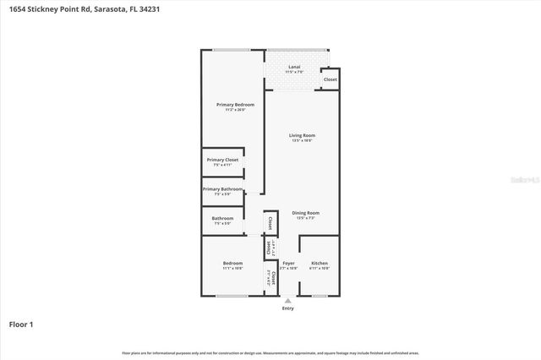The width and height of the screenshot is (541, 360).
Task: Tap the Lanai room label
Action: coord(294,66)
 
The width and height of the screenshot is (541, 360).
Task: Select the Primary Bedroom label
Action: coord(235,104)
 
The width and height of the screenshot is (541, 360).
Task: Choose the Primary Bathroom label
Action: coord(223,188)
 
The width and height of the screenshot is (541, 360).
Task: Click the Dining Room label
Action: coord(305,212)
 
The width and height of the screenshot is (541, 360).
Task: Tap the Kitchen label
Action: coord(320,264)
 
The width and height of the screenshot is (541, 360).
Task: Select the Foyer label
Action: coord(288,264)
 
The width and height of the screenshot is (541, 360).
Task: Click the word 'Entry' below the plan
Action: coord(288,308)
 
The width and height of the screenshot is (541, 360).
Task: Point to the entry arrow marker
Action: coord(288,300)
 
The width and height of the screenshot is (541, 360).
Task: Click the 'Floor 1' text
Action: coord(21,324)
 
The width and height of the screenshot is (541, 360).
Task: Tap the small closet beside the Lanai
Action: coord(330,79)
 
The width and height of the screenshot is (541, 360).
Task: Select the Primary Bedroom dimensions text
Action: coord(235,110)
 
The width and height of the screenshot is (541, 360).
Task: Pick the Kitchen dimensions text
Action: coord(320,269)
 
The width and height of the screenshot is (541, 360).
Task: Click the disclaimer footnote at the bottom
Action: coord(270,352)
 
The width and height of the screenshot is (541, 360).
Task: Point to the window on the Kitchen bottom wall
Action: coord(320,296)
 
